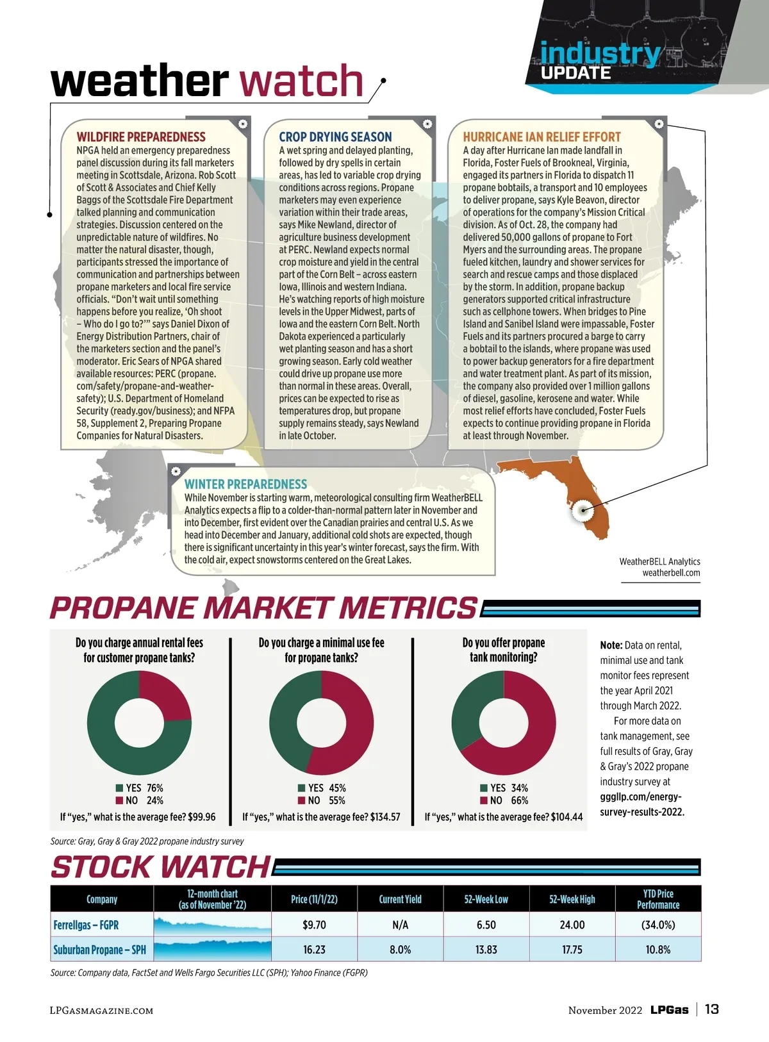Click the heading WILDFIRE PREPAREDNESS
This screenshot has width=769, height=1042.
coord(141,137)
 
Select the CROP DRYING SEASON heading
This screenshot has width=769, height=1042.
coord(335,137)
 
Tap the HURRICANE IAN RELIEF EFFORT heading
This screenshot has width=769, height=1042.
coord(542,137)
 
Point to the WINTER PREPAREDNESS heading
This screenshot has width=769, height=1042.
coord(245,484)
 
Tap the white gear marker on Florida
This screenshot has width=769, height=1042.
coord(583,510)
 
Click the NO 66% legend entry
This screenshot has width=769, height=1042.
coord(504,800)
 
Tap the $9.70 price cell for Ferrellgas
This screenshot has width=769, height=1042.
coord(314,925)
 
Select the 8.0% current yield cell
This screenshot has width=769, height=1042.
coord(400,950)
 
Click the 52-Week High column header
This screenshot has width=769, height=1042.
coord(572,899)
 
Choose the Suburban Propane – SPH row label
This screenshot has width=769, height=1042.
coord(99,950)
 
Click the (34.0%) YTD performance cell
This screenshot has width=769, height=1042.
coord(657,925)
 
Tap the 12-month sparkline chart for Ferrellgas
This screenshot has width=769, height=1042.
coord(212,925)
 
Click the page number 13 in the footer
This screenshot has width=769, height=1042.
coord(711,1009)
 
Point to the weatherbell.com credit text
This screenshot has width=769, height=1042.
coord(671,573)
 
